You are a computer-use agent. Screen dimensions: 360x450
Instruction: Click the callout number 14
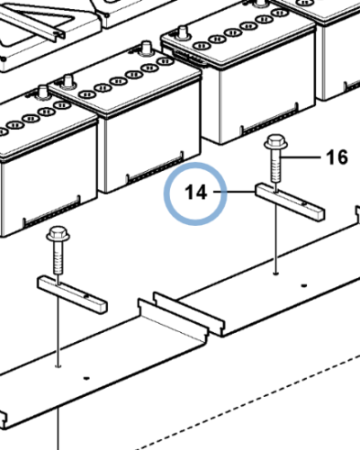pos(196,193)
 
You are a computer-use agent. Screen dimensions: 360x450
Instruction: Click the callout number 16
pos(337,157)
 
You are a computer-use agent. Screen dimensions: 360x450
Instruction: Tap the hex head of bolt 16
pos(275,142)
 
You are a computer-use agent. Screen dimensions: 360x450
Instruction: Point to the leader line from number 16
pos(301,157)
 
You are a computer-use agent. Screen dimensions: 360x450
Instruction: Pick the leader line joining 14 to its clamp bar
pos(234,192)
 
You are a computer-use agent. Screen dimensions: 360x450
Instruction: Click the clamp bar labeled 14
pos(290,202)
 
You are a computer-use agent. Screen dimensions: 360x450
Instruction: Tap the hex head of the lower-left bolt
pos(58,234)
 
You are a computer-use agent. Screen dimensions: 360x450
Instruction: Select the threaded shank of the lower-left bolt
pos(58,258)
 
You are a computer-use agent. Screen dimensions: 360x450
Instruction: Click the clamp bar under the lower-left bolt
pos(72,294)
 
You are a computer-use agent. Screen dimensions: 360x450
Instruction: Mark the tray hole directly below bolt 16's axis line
pos(276,274)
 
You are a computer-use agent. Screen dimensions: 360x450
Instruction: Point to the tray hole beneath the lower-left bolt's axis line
pos(58,366)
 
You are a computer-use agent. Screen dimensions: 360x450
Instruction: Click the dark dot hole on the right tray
pos(304,285)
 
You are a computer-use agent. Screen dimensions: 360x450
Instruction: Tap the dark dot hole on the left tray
pos(86,378)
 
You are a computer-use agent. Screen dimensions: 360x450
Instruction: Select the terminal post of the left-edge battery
pos(42,92)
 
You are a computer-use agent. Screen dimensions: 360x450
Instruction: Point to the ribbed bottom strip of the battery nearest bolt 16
pos(269,118)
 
